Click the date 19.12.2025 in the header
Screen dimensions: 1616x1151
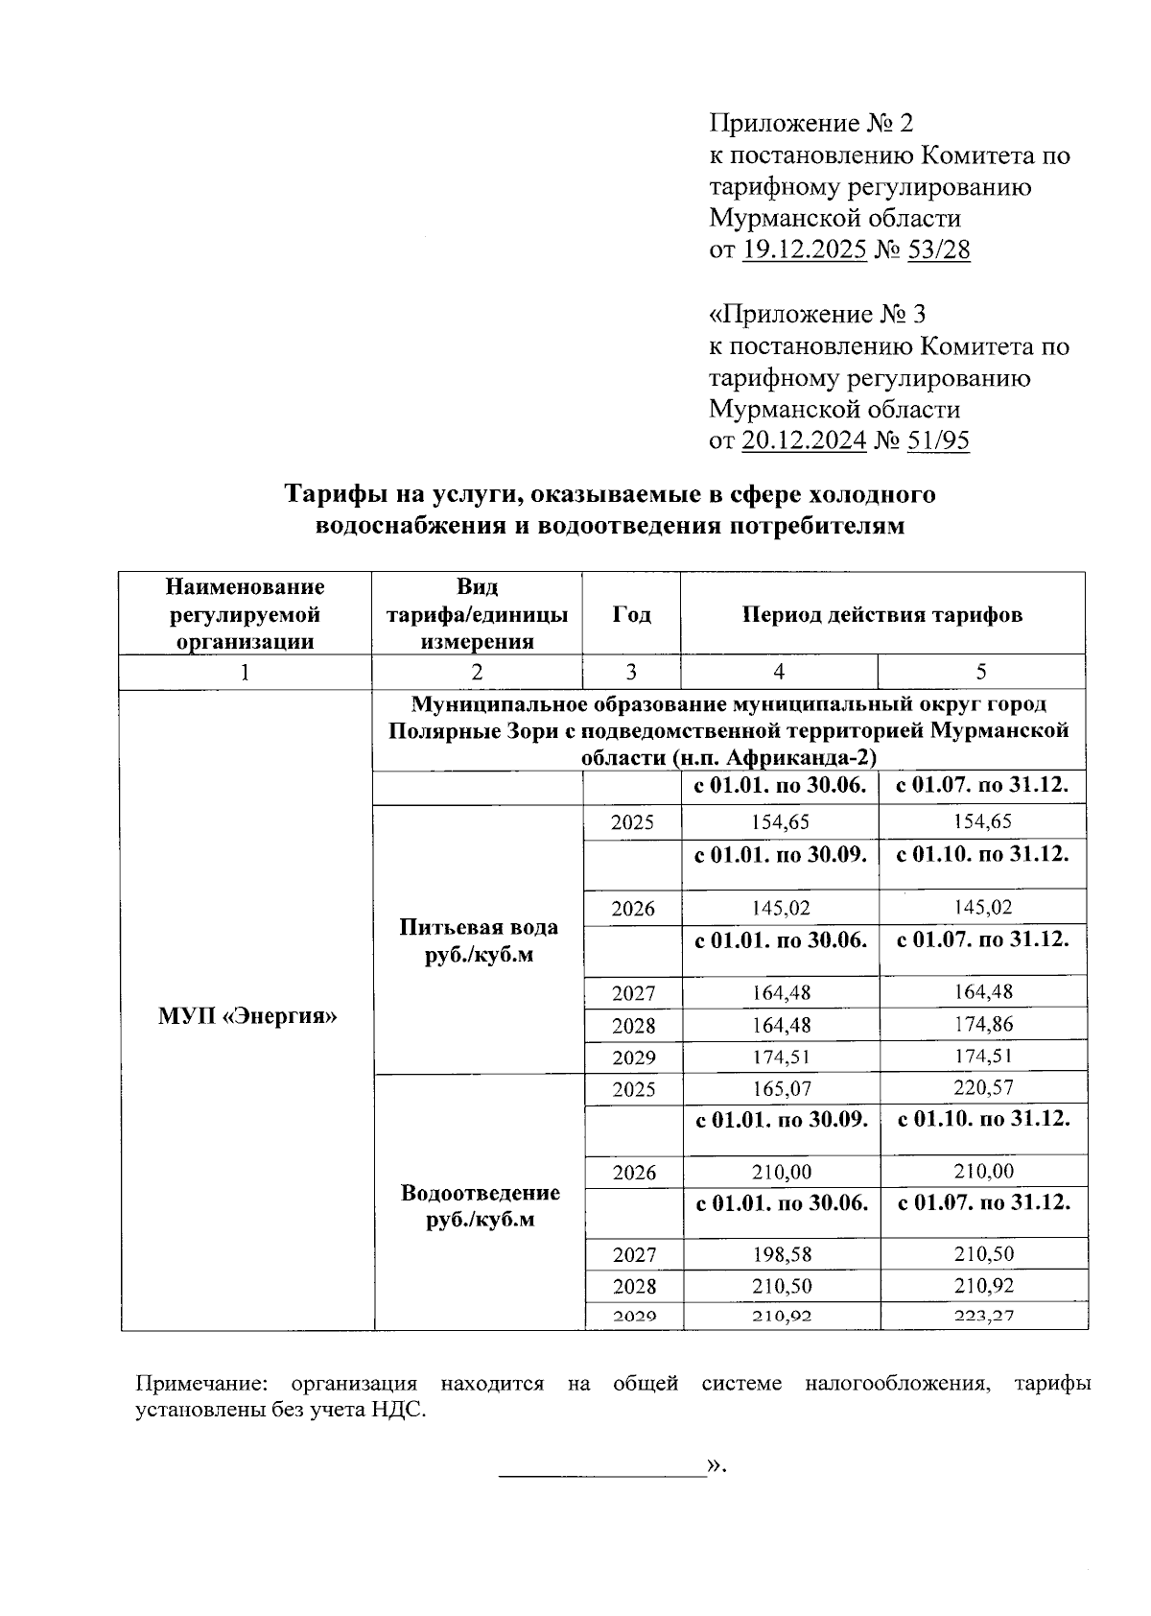[805, 250]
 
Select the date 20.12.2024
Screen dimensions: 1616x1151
[805, 440]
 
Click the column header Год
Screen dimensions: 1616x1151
[631, 614]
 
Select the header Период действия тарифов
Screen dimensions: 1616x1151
[882, 614]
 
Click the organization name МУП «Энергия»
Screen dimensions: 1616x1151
[247, 1015]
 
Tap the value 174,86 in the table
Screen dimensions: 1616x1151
[983, 1024]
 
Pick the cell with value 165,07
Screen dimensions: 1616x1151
[780, 1089]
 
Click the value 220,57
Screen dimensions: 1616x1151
[983, 1088]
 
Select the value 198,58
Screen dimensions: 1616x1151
[780, 1254]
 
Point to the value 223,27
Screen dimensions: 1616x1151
[983, 1317]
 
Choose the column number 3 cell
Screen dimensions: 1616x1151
[631, 672]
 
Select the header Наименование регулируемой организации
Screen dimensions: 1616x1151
[246, 614]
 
